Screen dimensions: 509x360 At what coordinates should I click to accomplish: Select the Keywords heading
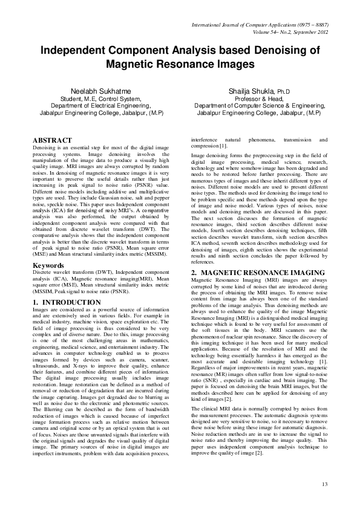49,265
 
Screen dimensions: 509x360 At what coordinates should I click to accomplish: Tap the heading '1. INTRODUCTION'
67,302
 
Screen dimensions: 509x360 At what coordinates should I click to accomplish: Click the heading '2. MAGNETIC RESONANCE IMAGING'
249,273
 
